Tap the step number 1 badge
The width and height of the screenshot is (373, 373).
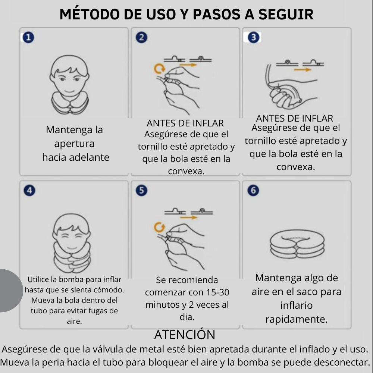pyautogui.click(x=28, y=37)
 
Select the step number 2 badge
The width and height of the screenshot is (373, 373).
pyautogui.click(x=141, y=37)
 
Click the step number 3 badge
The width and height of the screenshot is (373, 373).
pyautogui.click(x=253, y=37)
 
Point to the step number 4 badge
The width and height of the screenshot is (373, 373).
pyautogui.click(x=29, y=190)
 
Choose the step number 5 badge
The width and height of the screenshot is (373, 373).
pyautogui.click(x=141, y=190)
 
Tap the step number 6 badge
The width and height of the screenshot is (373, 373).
pyautogui.click(x=253, y=190)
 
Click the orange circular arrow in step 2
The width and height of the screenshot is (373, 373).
pyautogui.click(x=160, y=68)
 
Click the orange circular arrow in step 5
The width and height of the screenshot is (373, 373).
pyautogui.click(x=160, y=226)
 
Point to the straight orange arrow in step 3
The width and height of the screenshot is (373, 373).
pyautogui.click(x=302, y=69)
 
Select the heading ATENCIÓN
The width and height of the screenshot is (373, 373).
pyautogui.click(x=185, y=335)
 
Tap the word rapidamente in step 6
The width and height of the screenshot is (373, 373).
pyautogui.click(x=296, y=319)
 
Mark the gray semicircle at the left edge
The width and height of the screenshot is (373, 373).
pyautogui.click(x=9, y=291)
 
